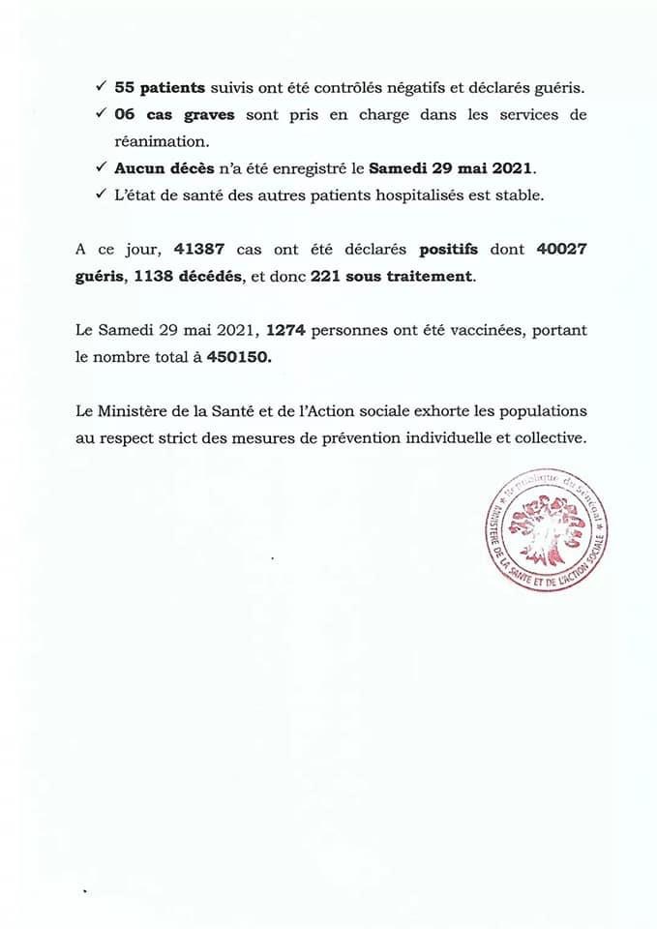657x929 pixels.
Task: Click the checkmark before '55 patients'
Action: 102,88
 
